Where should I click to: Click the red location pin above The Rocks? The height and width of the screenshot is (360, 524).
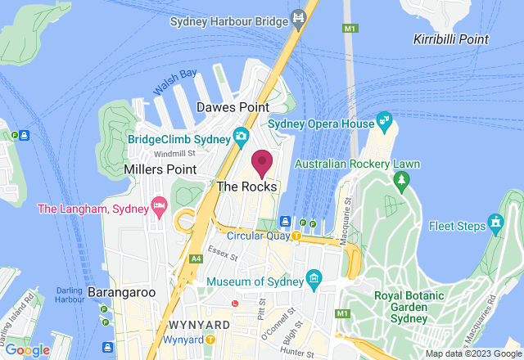click(262, 163)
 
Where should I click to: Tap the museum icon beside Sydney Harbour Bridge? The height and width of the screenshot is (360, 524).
click(300, 16)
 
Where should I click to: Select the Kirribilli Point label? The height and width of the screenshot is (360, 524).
click(451, 39)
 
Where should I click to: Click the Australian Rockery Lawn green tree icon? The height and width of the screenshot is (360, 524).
click(400, 182)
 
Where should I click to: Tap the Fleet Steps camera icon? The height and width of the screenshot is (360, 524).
click(495, 222)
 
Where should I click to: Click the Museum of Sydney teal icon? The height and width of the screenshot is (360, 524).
click(313, 281)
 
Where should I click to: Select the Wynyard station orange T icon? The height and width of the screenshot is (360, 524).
click(210, 339)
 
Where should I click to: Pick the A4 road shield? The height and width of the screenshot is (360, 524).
click(196, 259)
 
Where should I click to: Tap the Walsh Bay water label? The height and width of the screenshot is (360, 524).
click(175, 81)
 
